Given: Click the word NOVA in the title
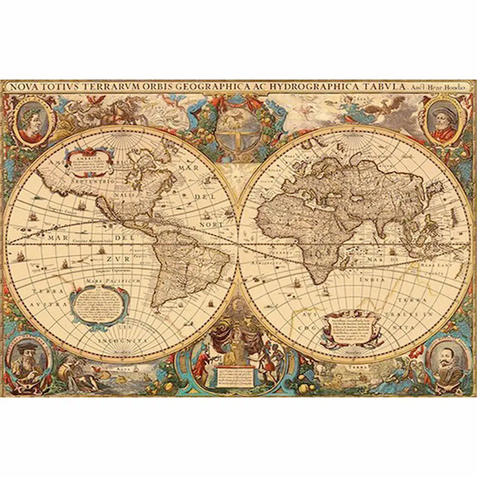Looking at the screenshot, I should (x=24, y=86).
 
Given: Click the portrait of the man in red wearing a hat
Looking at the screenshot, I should (x=443, y=121).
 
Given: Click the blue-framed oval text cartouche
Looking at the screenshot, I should (x=99, y=304).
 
